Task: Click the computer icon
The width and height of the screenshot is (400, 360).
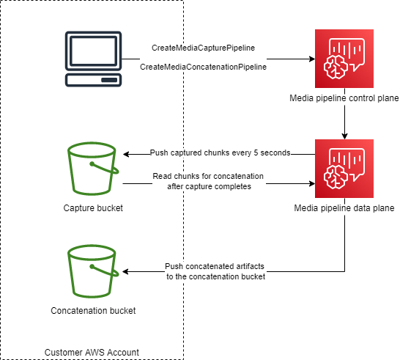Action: pyautogui.click(x=93, y=59)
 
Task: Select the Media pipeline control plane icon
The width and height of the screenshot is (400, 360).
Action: pyautogui.click(x=344, y=58)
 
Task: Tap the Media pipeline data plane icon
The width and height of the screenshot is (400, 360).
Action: pyautogui.click(x=344, y=168)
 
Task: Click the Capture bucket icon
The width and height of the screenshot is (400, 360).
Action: pyautogui.click(x=93, y=169)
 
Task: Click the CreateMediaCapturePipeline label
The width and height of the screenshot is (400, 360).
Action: pyautogui.click(x=203, y=48)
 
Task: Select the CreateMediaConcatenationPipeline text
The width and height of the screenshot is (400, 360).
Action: pyautogui.click(x=203, y=67)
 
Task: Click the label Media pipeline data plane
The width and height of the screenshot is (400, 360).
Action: pyautogui.click(x=344, y=208)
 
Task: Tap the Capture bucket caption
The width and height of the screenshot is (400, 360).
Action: pyautogui.click(x=93, y=208)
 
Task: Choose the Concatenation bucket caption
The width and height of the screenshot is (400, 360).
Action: pyautogui.click(x=93, y=311)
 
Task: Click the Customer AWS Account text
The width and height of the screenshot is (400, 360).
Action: pyautogui.click(x=92, y=353)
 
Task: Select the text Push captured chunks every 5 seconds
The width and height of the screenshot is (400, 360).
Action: pyautogui.click(x=220, y=153)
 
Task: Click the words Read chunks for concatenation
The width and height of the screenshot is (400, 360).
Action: pyautogui.click(x=209, y=176)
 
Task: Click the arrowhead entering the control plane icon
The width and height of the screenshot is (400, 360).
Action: pyautogui.click(x=310, y=58)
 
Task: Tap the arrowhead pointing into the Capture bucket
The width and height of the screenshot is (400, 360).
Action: pyautogui.click(x=127, y=154)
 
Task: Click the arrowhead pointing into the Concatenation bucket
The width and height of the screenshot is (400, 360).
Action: pyautogui.click(x=127, y=271)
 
